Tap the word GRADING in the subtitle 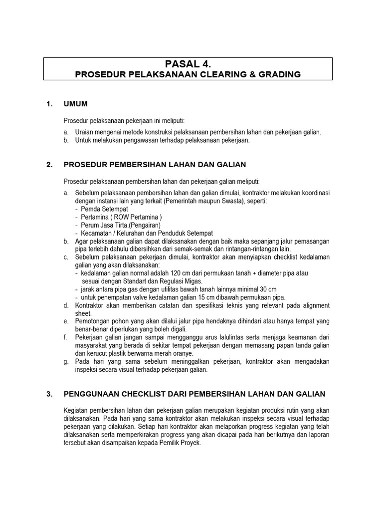click(x=279, y=74)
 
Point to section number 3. click(x=49, y=394)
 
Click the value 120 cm click(x=175, y=273)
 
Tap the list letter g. click(x=66, y=361)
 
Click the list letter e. click(x=66, y=321)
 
